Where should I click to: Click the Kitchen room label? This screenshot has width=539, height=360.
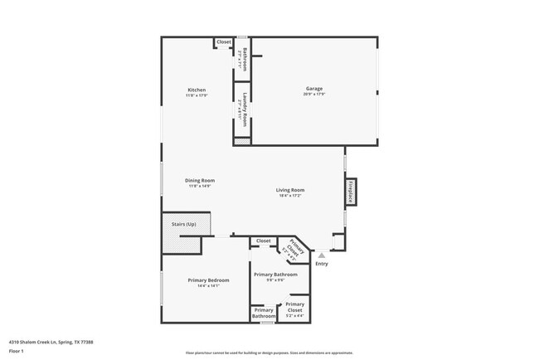pyautogui.click(x=197, y=90)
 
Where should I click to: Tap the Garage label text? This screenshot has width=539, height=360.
pyautogui.click(x=313, y=89)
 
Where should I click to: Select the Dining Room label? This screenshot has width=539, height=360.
pyautogui.click(x=200, y=180)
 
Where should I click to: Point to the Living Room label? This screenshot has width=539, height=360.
pyautogui.click(x=290, y=190)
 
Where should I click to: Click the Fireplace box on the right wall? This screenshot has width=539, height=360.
pyautogui.click(x=351, y=192)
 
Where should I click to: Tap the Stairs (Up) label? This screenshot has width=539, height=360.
pyautogui.click(x=183, y=224)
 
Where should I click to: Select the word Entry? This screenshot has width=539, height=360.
pyautogui.click(x=322, y=264)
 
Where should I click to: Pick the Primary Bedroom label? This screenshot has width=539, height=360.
pyautogui.click(x=208, y=280)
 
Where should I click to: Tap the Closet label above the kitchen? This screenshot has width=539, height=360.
pyautogui.click(x=224, y=41)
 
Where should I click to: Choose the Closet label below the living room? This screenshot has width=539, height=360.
pyautogui.click(x=263, y=241)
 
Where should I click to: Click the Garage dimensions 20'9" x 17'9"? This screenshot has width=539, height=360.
pyautogui.click(x=313, y=95)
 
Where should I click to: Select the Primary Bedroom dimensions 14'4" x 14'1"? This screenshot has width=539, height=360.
pyautogui.click(x=208, y=286)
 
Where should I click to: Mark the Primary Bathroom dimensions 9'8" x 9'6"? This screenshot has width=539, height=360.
pyautogui.click(x=275, y=280)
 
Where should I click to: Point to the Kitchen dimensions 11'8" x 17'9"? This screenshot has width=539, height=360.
pyautogui.click(x=197, y=95)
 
